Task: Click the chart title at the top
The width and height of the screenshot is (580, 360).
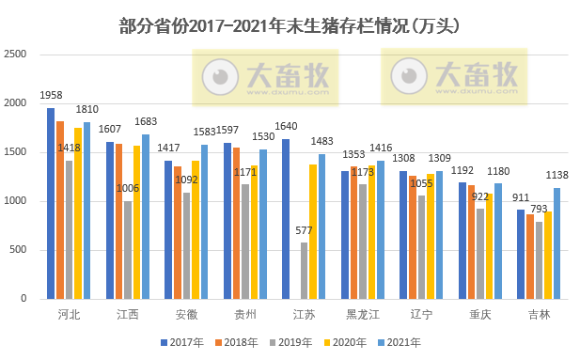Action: point(290,24)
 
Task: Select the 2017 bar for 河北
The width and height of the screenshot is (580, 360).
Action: point(51,203)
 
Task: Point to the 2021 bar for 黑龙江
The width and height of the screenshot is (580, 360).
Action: point(380,229)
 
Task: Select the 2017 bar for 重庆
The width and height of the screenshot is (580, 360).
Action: point(462,240)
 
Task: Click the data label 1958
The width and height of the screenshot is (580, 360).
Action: point(51,96)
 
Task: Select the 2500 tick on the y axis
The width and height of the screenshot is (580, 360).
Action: point(15,55)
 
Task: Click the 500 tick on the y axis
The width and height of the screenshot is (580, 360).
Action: point(18,250)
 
